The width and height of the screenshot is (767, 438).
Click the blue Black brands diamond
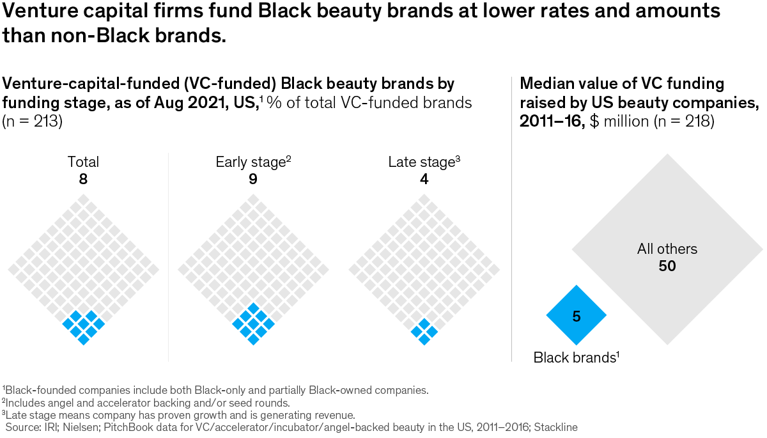tap(576, 315)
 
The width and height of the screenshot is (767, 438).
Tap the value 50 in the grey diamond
tap(667, 265)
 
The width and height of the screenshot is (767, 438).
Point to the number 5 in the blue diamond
tap(576, 316)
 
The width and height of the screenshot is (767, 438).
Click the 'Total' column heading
tap(83, 162)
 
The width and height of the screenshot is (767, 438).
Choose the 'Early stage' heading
tap(252, 162)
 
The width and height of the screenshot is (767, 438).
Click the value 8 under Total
tap(83, 179)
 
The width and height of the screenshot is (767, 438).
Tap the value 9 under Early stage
tap(253, 179)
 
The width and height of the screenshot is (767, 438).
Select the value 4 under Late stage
tap(424, 179)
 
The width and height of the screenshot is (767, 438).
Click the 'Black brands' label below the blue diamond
tap(574, 358)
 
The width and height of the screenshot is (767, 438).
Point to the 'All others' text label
tap(667, 249)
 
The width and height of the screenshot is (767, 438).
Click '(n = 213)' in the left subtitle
tap(33, 121)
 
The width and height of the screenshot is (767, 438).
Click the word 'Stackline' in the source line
tap(555, 426)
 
